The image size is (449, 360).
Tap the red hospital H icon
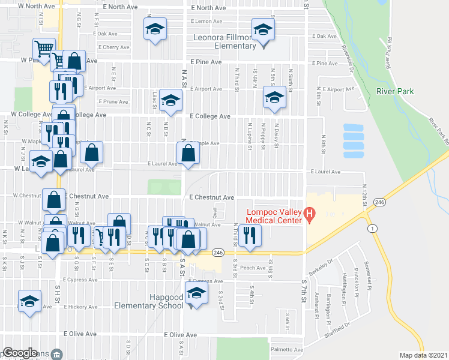(x=310, y=214)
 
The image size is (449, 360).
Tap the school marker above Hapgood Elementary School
(x=196, y=295)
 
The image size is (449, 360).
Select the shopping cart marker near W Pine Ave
(x=44, y=49)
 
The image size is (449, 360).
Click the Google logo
(x=20, y=353)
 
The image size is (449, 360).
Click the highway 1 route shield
(x=373, y=229)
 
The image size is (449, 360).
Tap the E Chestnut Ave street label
(x=211, y=197)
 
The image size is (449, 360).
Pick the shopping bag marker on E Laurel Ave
(x=188, y=153)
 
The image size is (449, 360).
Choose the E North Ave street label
(x=209, y=8)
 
